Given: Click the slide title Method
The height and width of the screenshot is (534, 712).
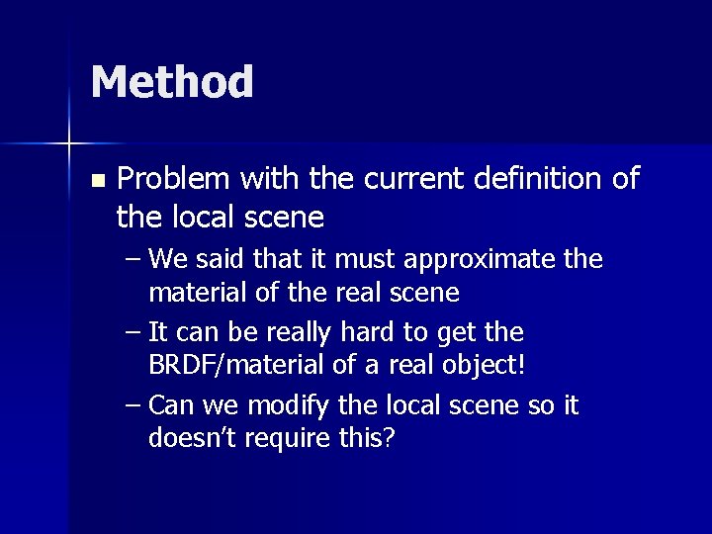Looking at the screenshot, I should tap(172, 82).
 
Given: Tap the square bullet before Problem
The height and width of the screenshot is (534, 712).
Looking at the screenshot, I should tap(96, 181).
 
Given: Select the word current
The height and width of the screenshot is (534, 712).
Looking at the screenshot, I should tap(415, 179).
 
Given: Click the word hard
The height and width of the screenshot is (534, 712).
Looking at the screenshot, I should tap(371, 332).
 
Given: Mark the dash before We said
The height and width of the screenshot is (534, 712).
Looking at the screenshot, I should tap(133, 261).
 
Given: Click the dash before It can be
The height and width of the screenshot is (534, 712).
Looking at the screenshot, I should tap(133, 333).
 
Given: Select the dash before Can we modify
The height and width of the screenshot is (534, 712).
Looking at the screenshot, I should tap(133, 406).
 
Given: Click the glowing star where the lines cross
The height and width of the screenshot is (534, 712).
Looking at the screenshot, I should tap(69, 143).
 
